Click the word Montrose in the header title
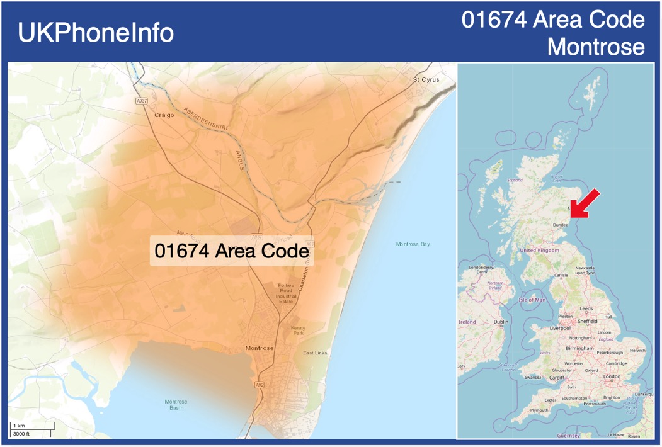tap(596, 47)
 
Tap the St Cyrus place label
tap(426, 80)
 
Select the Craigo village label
tap(164, 115)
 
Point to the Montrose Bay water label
tap(413, 244)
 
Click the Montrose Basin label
tap(176, 405)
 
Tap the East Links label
tap(315, 353)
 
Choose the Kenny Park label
tap(298, 331)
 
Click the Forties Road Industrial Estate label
tap(286, 293)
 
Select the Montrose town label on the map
tap(260, 348)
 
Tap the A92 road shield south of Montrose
tap(260, 385)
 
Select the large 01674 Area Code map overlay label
tap(231, 251)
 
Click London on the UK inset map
tap(612, 376)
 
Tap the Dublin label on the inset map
tap(501, 322)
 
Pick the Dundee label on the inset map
tap(560, 225)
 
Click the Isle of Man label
tap(532, 300)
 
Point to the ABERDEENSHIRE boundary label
tap(206, 119)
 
